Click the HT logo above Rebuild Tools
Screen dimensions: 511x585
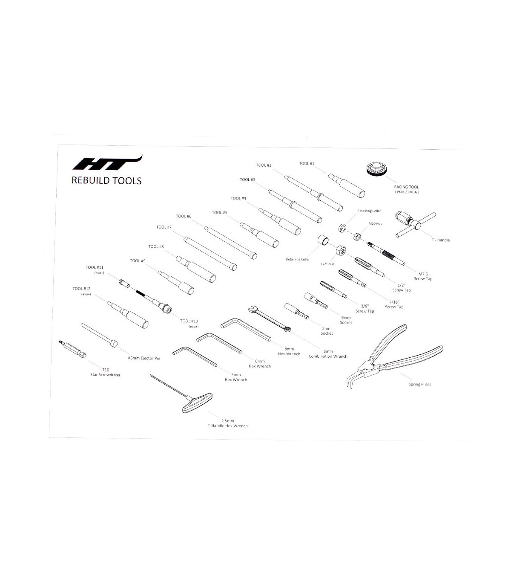point(107,163)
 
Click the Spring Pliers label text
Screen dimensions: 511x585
point(419,384)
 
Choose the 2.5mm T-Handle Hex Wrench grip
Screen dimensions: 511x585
point(197,403)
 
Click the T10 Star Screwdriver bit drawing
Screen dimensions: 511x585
point(72,349)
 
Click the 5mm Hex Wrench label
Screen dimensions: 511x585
point(236,377)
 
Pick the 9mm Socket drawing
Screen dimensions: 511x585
point(316,300)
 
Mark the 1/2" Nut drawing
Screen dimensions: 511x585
point(341,250)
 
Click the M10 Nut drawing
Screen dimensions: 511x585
point(357,237)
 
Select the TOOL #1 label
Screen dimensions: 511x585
point(307,164)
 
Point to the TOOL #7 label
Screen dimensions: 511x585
point(164,227)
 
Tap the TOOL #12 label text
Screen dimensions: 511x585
point(81,289)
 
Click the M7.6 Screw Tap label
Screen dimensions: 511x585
point(423,276)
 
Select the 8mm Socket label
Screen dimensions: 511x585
point(327,331)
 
